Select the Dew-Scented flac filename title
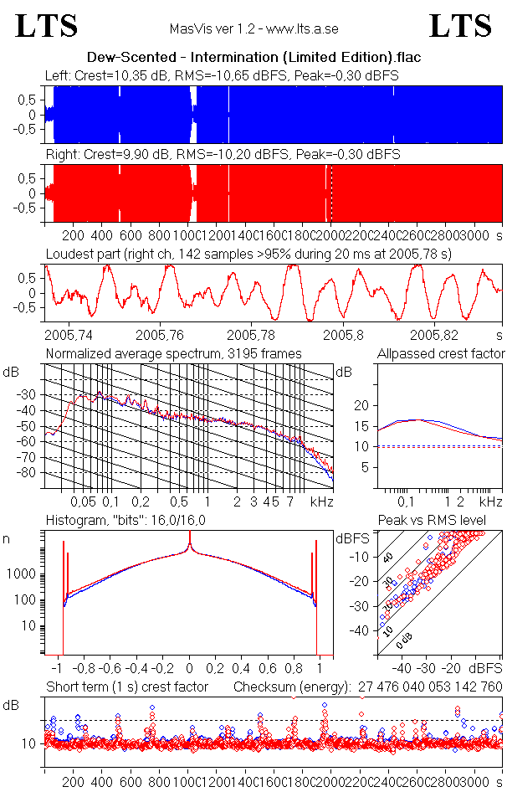click(x=253, y=58)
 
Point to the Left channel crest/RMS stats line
click(x=222, y=75)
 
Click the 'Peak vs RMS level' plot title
click(x=432, y=521)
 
